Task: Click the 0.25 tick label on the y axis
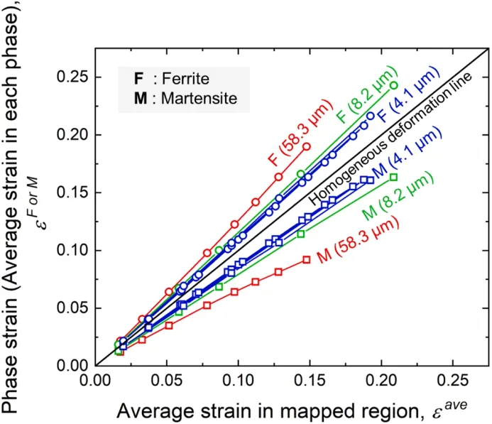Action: click(x=72, y=76)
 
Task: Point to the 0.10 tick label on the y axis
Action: click(x=72, y=250)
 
